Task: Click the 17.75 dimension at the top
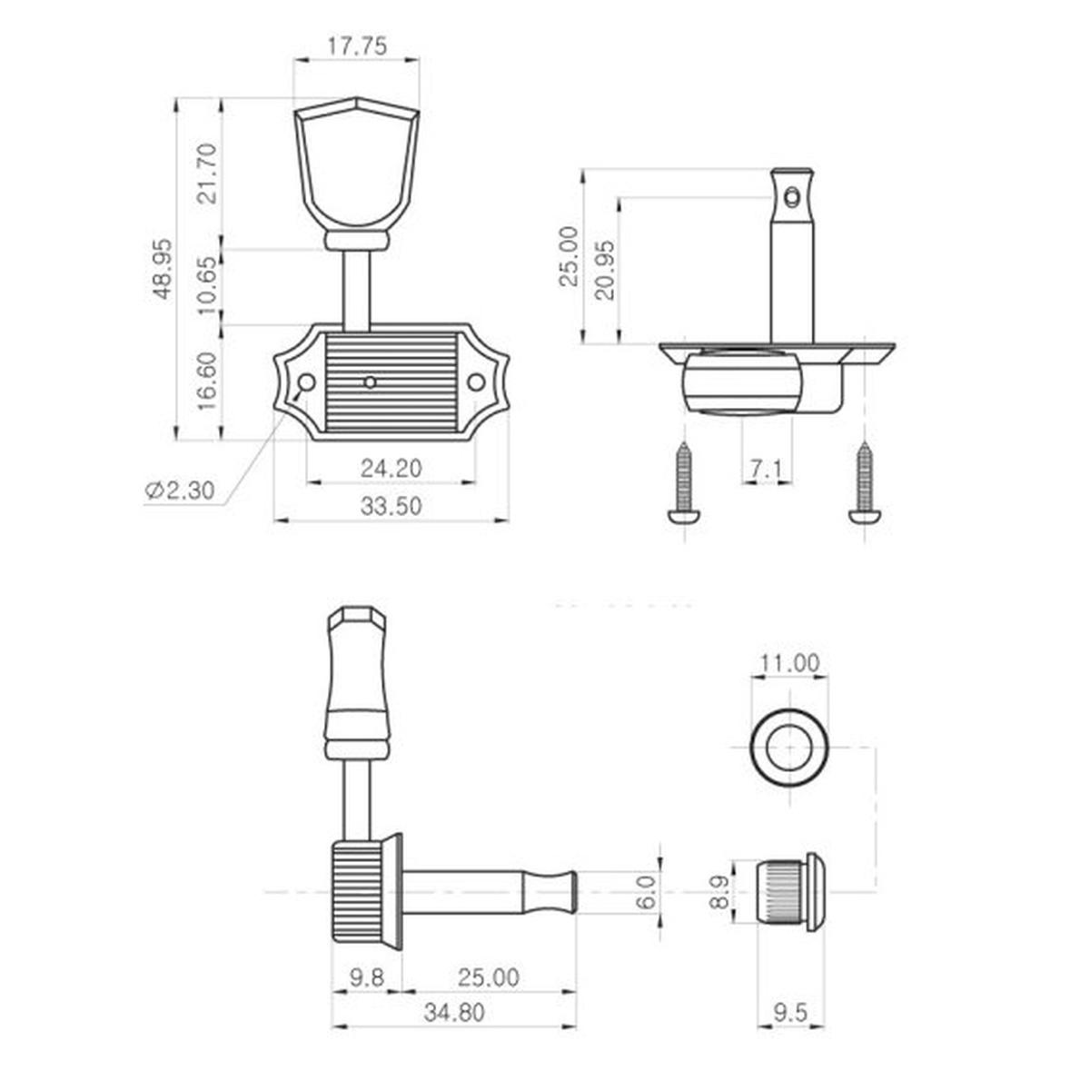(357, 45)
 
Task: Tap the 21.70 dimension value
(209, 173)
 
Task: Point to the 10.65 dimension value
(209, 286)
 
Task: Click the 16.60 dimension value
(209, 381)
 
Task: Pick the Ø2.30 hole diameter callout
(180, 490)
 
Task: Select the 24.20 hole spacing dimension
(391, 469)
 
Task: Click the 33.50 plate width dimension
(391, 507)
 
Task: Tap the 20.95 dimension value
(606, 270)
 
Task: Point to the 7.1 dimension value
(767, 470)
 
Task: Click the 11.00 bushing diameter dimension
(789, 663)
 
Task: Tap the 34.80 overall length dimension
(454, 1014)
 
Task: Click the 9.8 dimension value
(367, 977)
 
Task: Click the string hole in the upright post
(795, 194)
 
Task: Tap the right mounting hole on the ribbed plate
(476, 382)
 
